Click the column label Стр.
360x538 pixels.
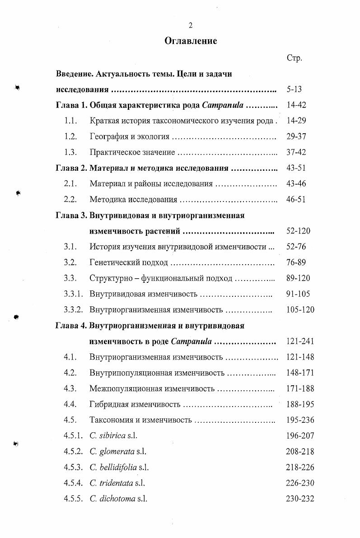pyautogui.click(x=294, y=58)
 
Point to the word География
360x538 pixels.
pyautogui.click(x=107, y=137)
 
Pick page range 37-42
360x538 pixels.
pyautogui.click(x=296, y=153)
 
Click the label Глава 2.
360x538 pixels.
pyautogui.click(x=71, y=168)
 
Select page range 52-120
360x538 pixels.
pyautogui.click(x=299, y=231)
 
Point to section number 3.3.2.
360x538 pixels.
pyautogui.click(x=73, y=310)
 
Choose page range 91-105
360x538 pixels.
pyautogui.click(x=299, y=294)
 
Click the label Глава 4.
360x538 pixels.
pyautogui.click(x=71, y=325)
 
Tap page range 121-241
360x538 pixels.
pyautogui.click(x=300, y=341)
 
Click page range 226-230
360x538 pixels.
pyautogui.click(x=300, y=483)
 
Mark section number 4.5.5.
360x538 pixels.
pyautogui.click(x=73, y=499)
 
